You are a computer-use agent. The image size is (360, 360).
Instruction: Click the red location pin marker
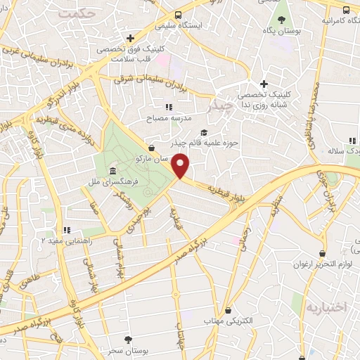[181, 166]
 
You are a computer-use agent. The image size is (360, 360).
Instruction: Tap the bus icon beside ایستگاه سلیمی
[179, 15]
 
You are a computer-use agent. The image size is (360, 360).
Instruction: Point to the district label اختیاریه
[325, 308]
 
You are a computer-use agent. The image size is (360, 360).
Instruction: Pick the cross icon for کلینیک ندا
[263, 84]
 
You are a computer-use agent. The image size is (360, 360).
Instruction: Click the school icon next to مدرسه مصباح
[168, 107]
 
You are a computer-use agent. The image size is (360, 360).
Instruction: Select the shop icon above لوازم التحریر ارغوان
[322, 252]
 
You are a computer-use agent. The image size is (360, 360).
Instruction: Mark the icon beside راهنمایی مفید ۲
[67, 229]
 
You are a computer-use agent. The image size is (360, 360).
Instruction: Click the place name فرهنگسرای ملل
[141, 173]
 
